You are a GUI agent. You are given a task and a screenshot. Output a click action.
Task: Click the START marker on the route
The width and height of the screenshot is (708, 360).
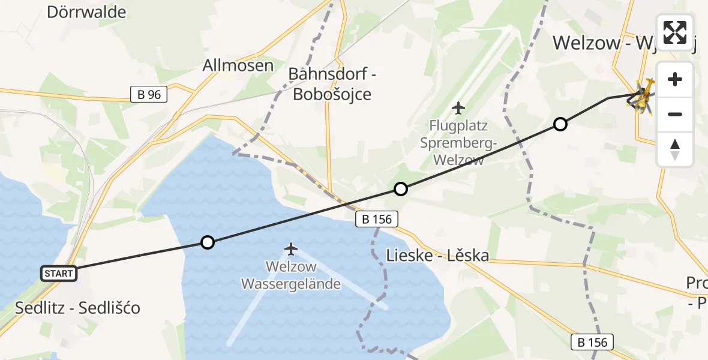[59, 274]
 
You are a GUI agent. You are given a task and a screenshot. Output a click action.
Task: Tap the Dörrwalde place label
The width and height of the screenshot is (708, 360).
[86, 12]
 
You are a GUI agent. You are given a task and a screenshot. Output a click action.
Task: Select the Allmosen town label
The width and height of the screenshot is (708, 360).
[238, 65]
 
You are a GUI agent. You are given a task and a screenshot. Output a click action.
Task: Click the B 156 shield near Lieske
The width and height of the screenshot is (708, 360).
[377, 219]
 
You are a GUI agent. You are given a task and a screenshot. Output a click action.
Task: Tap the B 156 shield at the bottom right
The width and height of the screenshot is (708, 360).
[593, 343]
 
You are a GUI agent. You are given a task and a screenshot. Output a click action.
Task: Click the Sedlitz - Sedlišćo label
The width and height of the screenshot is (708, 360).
[78, 308]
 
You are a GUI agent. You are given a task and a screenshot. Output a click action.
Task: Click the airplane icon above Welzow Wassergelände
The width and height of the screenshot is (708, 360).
[291, 248]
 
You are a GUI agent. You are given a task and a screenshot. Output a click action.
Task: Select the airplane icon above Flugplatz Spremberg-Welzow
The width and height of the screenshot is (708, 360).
[458, 108]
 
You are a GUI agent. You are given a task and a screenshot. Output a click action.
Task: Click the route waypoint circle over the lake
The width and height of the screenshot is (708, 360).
[207, 242]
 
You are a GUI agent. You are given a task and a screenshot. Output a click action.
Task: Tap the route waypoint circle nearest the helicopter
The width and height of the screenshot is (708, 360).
[560, 124]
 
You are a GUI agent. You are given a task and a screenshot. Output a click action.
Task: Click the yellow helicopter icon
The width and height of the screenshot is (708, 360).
[643, 98]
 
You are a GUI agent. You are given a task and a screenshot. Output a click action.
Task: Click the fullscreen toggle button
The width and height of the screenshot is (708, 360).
[675, 32]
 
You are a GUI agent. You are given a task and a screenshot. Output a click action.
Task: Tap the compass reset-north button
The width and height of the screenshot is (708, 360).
[675, 149]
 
